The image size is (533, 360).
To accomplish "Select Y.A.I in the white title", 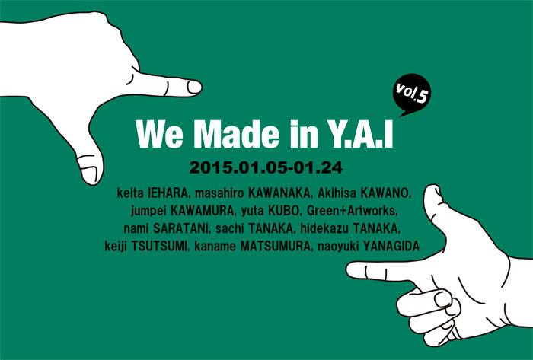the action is coord(357,134).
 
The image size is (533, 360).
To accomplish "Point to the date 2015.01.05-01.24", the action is coord(266,167).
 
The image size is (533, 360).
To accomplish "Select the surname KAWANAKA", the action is coord(279,193).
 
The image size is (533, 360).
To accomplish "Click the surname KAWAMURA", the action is coord(203,211).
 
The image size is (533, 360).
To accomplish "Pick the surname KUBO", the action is coord(285,211).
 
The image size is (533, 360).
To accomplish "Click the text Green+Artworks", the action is coord(352,211).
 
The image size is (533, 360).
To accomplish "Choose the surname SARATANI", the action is coord(181,228).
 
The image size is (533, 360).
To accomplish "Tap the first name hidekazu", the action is coord(324,228).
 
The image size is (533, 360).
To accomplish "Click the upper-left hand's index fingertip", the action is coord(200,87).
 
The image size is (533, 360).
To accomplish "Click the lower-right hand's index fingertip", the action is coord(348,269).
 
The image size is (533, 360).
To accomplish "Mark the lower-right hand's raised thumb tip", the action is coord(432,186).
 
